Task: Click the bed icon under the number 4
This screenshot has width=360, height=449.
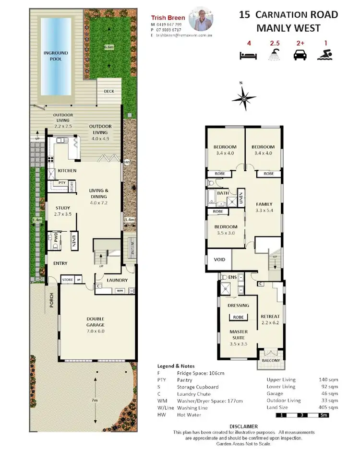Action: (x=249, y=55)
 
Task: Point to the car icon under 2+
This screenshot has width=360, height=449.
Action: (x=300, y=55)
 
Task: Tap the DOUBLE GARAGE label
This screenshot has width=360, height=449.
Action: (x=95, y=322)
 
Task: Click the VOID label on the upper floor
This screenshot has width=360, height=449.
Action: (x=219, y=260)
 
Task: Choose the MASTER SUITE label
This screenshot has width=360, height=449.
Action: (x=238, y=334)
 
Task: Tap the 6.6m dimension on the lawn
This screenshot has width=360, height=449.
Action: (x=109, y=47)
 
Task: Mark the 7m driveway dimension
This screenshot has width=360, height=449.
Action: (x=96, y=400)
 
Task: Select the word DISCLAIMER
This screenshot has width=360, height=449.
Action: (x=244, y=426)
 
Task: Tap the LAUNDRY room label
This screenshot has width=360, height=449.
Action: (x=117, y=280)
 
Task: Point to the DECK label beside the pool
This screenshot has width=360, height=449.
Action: (x=108, y=91)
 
